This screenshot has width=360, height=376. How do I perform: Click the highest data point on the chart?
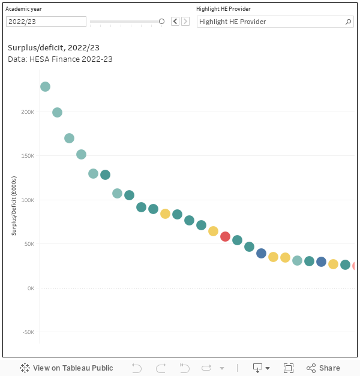point(45,87)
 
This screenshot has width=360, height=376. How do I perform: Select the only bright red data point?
point(225,236)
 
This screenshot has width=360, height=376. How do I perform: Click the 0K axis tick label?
point(31,288)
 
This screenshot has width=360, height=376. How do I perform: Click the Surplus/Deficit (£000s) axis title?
point(14,206)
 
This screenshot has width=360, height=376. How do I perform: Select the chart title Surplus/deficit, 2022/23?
point(53,47)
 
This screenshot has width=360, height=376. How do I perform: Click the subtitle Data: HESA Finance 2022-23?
point(60,59)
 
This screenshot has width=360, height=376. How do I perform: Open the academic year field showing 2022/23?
point(46,22)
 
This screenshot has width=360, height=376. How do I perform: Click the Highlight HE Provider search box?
point(270,22)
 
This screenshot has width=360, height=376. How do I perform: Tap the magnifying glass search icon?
point(349,22)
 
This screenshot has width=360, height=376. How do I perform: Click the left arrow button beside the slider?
point(175,22)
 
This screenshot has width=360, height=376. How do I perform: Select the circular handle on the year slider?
point(161,22)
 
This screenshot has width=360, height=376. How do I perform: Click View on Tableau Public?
point(66,368)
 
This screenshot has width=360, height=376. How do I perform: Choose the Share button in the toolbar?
point(323,368)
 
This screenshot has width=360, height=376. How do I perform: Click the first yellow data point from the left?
point(165,213)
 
